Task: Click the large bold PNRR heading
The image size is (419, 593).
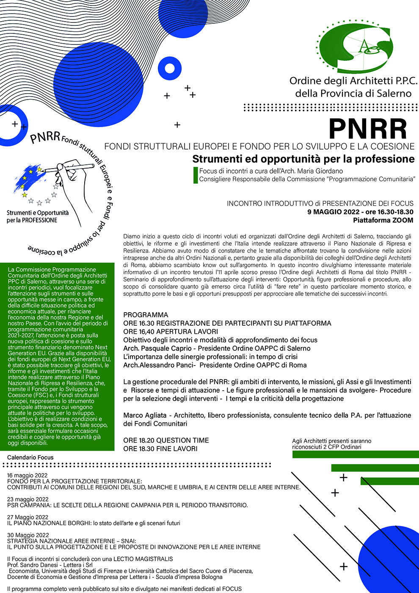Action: tap(367, 129)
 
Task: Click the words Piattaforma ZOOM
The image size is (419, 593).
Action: tap(383, 220)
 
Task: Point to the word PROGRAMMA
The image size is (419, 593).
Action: tap(146, 315)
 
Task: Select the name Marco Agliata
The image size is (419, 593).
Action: tap(145, 415)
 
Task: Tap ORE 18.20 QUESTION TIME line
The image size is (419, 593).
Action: tap(166, 440)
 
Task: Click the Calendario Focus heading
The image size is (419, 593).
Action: tap(30, 457)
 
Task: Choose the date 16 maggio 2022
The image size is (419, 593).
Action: tap(28, 475)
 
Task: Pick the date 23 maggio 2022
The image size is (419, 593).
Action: tap(28, 499)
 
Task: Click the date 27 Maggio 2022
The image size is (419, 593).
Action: tap(28, 517)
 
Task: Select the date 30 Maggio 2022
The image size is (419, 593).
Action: tap(28, 535)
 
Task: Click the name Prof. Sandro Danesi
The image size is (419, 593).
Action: tap(34, 565)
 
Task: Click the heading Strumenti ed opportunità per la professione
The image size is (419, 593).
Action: tap(303, 159)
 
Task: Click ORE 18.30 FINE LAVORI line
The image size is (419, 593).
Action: tap(160, 449)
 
